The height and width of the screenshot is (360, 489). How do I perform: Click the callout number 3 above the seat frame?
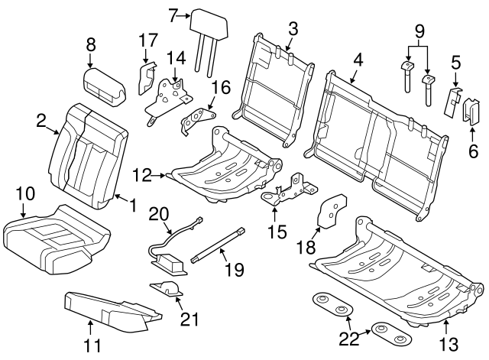point(293,29)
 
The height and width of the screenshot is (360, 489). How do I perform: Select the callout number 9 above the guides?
point(419,34)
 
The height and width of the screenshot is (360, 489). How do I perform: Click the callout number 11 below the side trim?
point(92,345)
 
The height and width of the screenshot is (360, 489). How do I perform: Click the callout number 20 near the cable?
point(157,214)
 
